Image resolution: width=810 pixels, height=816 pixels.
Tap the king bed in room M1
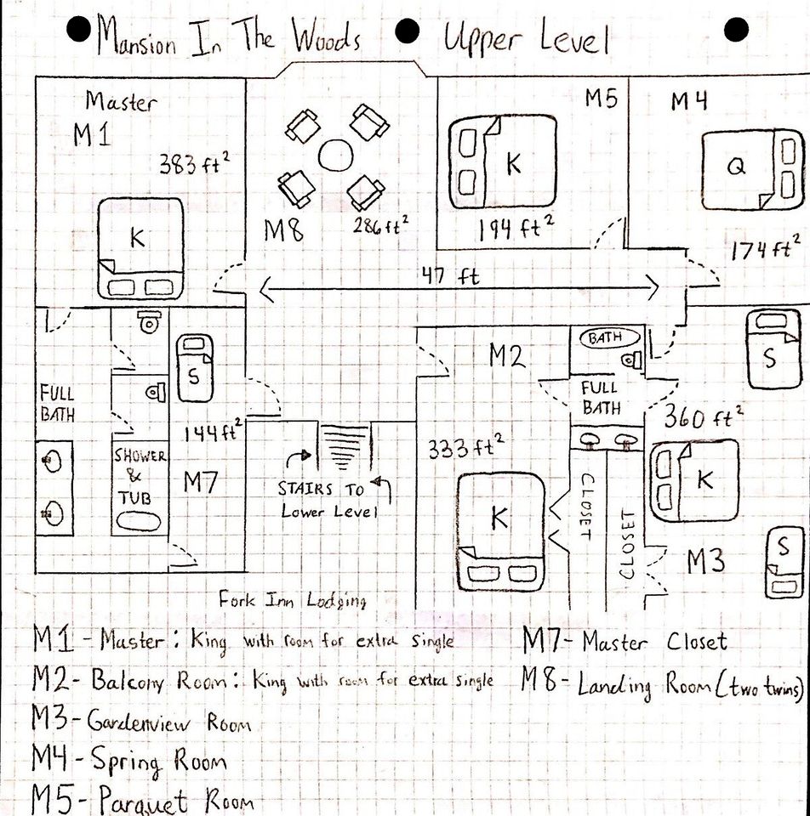tap(140, 247)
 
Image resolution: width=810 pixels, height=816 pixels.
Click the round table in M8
tap(334, 154)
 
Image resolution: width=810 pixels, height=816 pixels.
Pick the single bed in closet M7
tap(195, 368)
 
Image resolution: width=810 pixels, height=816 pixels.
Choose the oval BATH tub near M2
tap(605, 338)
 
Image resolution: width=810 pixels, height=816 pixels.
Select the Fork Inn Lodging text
tap(292, 600)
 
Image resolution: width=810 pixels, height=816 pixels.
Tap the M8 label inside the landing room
tap(283, 229)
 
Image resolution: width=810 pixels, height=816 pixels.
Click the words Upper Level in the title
tap(524, 38)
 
